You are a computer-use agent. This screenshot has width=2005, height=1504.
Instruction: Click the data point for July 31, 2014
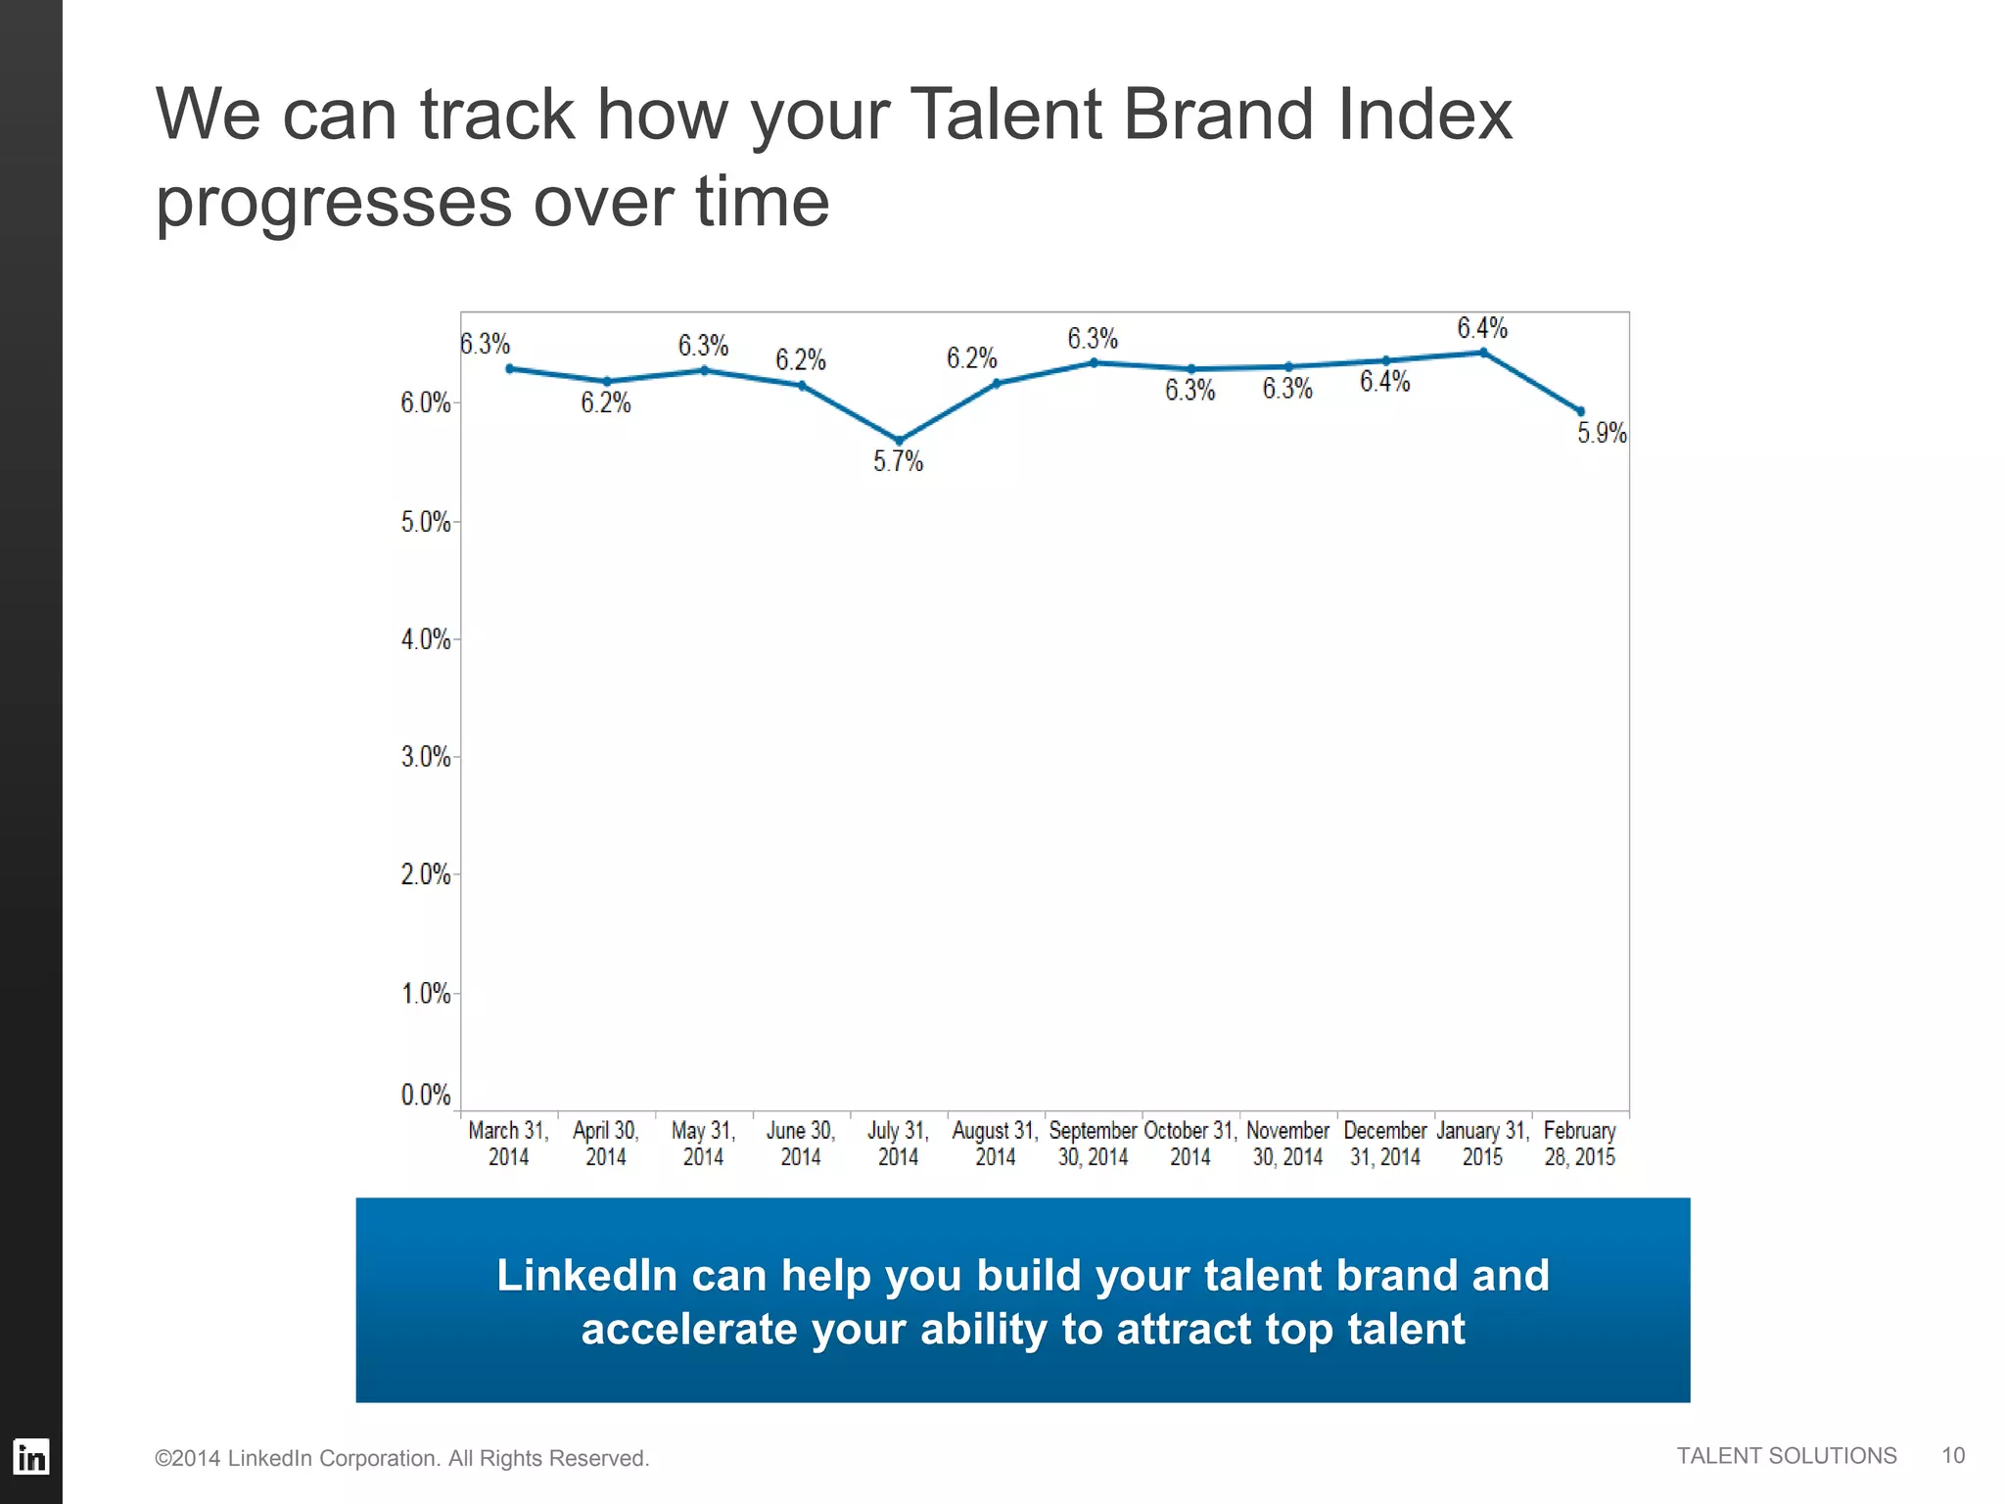click(899, 441)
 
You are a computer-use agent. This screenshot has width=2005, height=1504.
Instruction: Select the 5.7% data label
click(898, 461)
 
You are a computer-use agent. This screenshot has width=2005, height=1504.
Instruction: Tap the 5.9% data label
click(1602, 433)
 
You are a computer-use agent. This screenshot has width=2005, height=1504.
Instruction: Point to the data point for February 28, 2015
click(1580, 411)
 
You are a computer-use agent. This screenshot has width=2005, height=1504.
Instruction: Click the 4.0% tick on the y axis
click(426, 639)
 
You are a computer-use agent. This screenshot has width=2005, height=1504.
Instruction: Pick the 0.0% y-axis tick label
click(426, 1094)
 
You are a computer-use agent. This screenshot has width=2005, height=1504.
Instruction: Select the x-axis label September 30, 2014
click(1093, 1144)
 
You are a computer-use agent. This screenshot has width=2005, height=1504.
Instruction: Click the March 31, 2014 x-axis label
click(508, 1144)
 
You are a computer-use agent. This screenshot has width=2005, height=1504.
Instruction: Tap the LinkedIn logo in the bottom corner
click(30, 1457)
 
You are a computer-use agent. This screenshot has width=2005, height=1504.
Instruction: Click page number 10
click(1953, 1456)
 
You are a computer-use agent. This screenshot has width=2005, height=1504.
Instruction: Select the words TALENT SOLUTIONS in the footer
click(1786, 1456)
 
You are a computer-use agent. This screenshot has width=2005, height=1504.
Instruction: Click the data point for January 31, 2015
click(1483, 352)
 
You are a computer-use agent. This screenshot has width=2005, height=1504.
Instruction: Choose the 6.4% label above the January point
click(1482, 328)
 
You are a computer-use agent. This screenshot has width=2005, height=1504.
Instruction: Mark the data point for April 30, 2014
click(606, 382)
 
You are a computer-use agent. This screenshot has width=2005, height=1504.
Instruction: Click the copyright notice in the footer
click(401, 1458)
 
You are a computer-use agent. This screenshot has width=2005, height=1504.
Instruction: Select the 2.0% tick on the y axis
click(426, 874)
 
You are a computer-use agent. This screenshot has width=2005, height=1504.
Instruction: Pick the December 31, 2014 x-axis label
click(1384, 1144)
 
